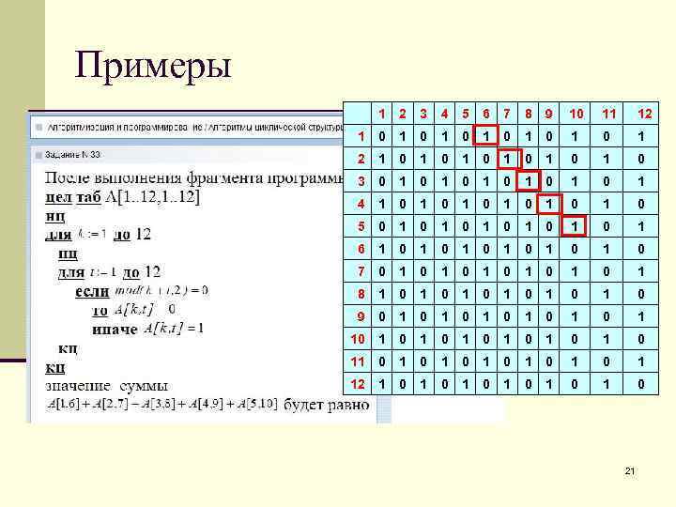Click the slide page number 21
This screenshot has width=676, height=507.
pyautogui.click(x=630, y=469)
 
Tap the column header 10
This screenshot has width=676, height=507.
pyautogui.click(x=576, y=114)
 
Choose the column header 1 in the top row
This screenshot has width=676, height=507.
pyautogui.click(x=381, y=114)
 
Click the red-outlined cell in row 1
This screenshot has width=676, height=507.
pyautogui.click(x=484, y=137)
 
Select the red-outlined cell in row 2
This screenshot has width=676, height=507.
pyautogui.click(x=505, y=160)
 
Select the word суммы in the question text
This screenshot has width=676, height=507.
pyautogui.click(x=142, y=385)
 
